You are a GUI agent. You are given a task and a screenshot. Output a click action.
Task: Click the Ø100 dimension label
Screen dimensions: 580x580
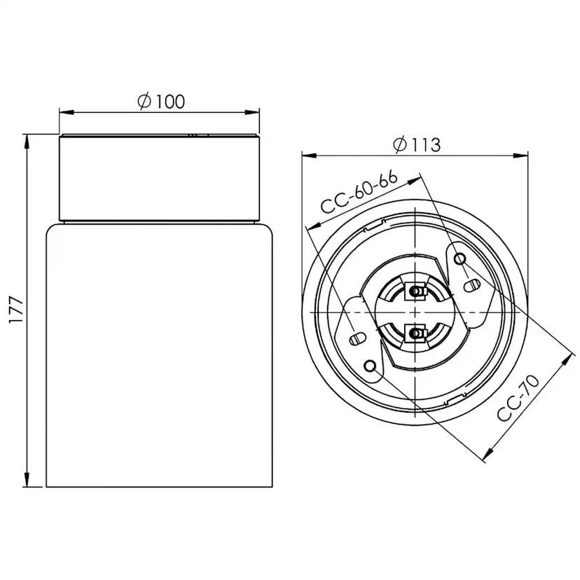(161, 102)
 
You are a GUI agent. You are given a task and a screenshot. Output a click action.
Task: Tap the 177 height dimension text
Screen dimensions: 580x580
(17, 310)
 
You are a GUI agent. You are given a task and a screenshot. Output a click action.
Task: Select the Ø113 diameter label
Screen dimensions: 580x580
(417, 144)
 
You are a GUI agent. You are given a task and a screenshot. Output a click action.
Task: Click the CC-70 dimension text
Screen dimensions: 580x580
(518, 398)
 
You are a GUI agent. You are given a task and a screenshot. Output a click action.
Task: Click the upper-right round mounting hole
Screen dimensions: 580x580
(460, 258)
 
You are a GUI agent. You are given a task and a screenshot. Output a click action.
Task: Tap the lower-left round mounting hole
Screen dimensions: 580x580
(370, 366)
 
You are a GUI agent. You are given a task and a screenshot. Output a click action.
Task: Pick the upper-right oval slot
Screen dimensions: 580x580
(472, 286)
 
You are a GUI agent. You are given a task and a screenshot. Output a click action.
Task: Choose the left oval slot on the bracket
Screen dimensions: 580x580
(358, 338)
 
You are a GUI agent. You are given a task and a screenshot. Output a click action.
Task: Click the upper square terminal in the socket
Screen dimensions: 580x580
(416, 292)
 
